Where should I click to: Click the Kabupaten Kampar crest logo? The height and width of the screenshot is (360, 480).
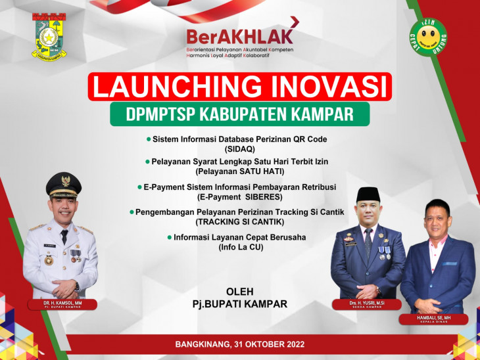pyautogui.click(x=51, y=36)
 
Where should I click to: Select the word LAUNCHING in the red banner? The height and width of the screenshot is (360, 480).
pyautogui.click(x=172, y=87)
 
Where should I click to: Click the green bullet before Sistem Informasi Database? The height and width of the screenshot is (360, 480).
pyautogui.click(x=148, y=139)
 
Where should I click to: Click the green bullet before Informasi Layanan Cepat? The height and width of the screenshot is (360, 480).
pyautogui.click(x=169, y=237)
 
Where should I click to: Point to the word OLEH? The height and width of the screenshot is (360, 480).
pyautogui.click(x=239, y=292)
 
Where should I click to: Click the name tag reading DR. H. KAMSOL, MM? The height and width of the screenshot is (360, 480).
pyautogui.click(x=62, y=304)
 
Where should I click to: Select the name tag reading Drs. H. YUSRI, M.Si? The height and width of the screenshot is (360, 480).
pyautogui.click(x=368, y=304)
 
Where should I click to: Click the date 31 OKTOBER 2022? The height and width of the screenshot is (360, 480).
pyautogui.click(x=267, y=344)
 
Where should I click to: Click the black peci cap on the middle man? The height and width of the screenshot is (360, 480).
pyautogui.click(x=368, y=193)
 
